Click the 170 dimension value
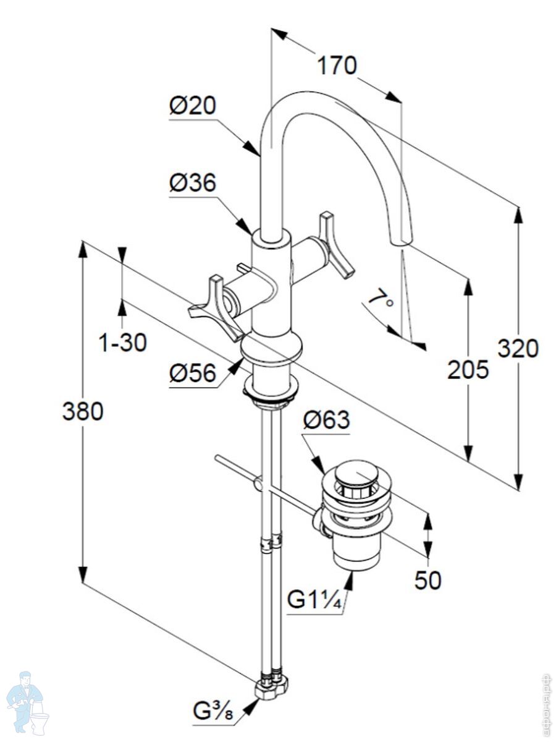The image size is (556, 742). [x=337, y=65]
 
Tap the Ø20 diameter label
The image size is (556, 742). [x=193, y=106]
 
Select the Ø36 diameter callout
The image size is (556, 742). [x=193, y=183]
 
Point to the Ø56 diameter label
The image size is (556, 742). [x=193, y=373]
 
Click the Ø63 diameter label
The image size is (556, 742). [x=326, y=420]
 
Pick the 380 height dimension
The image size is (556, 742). [x=83, y=411]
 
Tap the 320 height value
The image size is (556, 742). [x=518, y=349]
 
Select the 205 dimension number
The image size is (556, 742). [x=468, y=370]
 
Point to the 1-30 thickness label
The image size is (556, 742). [x=124, y=342]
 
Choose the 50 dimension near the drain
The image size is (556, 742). [x=428, y=580]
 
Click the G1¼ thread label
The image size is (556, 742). [x=315, y=600]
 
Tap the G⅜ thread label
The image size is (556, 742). [x=214, y=712]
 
